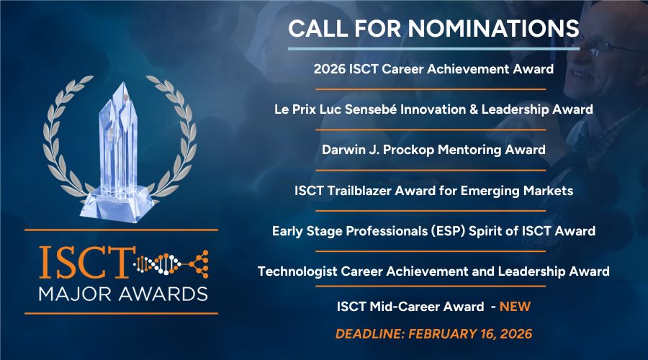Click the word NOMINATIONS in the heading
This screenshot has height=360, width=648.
pos(493,29)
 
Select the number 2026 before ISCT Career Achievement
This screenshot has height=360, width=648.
pos(329,69)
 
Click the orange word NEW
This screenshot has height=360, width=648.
pos(515,307)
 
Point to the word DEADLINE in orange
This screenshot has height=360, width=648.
pos(370,334)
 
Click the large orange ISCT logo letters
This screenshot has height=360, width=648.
pos(87,263)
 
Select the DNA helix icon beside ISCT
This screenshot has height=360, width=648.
pos(158,264)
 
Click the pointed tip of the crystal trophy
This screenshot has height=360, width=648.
pos(122,83)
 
